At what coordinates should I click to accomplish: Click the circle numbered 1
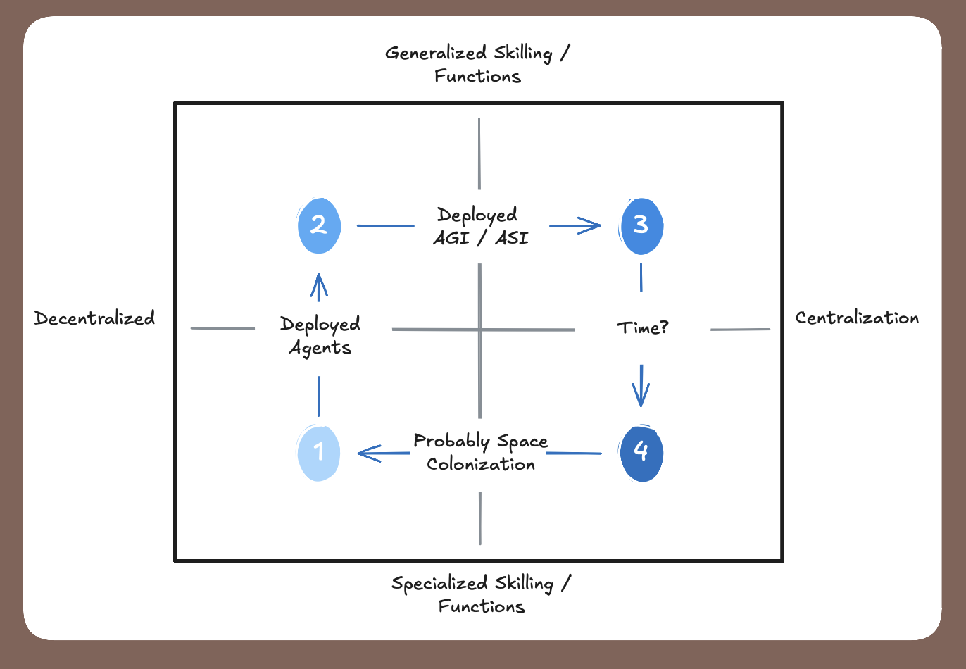click(x=319, y=452)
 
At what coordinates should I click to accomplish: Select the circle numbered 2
click(x=319, y=225)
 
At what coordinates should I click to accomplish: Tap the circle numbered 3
click(x=641, y=225)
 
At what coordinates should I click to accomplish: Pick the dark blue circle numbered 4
click(x=641, y=453)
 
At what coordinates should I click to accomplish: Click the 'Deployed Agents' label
click(x=320, y=335)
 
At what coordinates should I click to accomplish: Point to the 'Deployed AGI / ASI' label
click(x=480, y=226)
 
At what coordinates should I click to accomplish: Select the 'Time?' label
click(x=642, y=328)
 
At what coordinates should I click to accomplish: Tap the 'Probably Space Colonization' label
click(x=481, y=452)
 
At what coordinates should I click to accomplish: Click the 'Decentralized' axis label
click(x=94, y=318)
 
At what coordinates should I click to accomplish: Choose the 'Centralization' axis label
click(x=857, y=318)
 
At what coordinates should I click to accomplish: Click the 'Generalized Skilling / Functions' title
click(x=478, y=64)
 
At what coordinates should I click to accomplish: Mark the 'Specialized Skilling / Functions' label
click(x=482, y=594)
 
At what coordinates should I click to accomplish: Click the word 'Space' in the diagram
click(x=522, y=442)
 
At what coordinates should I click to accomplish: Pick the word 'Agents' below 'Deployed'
click(x=320, y=348)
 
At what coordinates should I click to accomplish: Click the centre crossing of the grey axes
click(x=480, y=329)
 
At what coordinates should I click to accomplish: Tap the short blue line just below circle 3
click(x=641, y=277)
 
